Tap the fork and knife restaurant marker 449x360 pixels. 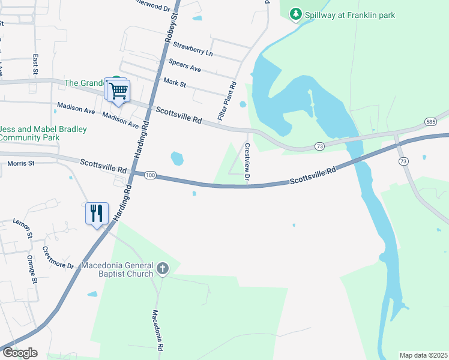click(x=97, y=214)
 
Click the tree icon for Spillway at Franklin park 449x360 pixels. click(x=295, y=14)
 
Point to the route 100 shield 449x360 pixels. click(x=150, y=175)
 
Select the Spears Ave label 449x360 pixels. click(x=184, y=65)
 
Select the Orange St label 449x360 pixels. click(x=32, y=269)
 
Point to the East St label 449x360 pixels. click(x=36, y=65)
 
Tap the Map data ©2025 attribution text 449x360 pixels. click(x=423, y=355)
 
